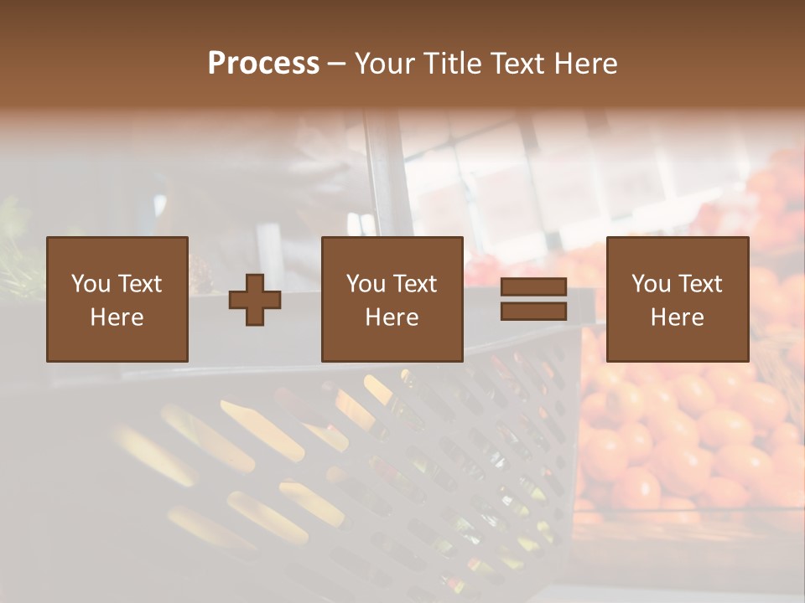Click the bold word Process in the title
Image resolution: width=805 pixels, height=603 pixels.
(263, 64)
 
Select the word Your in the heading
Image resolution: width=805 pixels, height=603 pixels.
(384, 64)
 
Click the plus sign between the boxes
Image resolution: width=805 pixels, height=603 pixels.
(255, 300)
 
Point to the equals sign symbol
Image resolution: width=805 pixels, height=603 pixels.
(533, 299)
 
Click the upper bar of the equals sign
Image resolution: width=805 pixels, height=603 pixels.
(533, 287)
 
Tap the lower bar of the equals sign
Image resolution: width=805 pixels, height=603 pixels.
(533, 311)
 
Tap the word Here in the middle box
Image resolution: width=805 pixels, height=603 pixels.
(392, 317)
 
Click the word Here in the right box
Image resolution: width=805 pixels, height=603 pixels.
(678, 317)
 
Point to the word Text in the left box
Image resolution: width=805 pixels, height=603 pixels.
(139, 284)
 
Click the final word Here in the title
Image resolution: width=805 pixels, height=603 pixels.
(586, 64)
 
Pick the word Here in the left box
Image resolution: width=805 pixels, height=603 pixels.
(117, 317)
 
